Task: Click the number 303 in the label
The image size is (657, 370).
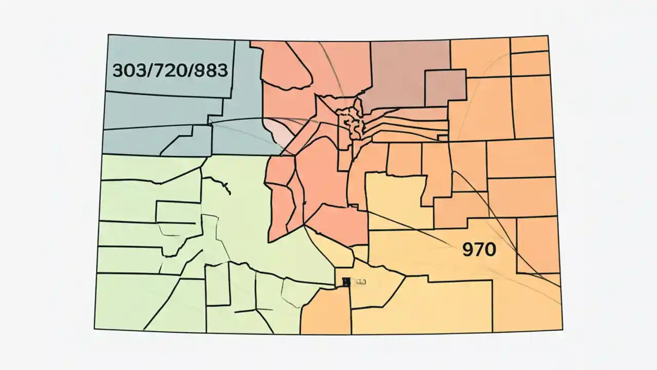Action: point(128,70)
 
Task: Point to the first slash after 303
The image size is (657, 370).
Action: point(147,70)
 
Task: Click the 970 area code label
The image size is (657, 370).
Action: point(479,250)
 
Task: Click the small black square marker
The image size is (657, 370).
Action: point(346,281)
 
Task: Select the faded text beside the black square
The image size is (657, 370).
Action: point(359,282)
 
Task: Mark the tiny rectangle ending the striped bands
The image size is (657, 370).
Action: point(442,137)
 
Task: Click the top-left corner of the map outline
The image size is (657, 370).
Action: point(108,35)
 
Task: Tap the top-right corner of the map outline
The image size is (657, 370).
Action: point(548,35)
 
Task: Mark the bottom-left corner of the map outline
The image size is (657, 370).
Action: point(94,329)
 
